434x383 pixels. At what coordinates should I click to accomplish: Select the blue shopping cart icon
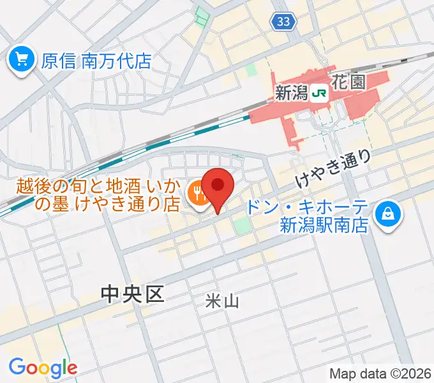click(22, 61)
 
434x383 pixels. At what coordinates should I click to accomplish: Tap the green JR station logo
click(320, 93)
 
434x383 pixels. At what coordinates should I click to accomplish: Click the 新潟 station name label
click(291, 93)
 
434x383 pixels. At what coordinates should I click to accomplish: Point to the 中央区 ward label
click(133, 294)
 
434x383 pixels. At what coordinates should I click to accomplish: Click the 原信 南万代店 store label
click(96, 61)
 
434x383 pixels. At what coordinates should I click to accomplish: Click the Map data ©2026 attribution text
click(380, 373)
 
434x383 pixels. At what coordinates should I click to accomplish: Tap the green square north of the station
click(251, 68)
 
